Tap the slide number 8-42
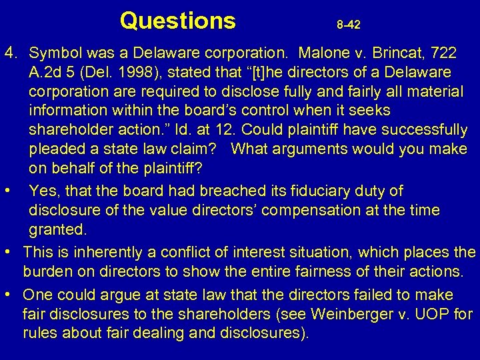[x=349, y=25]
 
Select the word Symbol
[x=55, y=51]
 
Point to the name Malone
[x=326, y=51]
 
